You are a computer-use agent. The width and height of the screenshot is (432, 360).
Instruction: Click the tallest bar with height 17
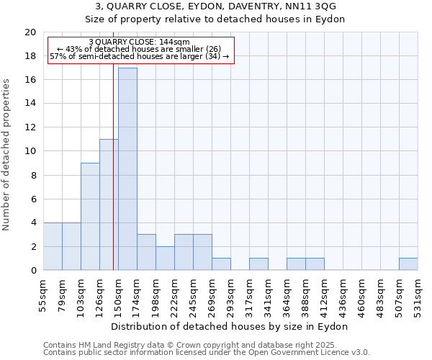pyautogui.click(x=127, y=169)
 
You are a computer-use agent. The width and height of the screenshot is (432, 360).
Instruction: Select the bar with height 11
pyautogui.click(x=109, y=204)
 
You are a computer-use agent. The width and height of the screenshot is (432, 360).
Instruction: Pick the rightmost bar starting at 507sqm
pyautogui.click(x=408, y=264)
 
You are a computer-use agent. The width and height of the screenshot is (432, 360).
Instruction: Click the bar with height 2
pyautogui.click(x=165, y=258)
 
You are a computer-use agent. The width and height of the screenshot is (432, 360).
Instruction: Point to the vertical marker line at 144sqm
pyautogui.click(x=113, y=166)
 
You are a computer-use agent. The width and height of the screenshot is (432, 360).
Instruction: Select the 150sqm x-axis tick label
pyautogui.click(x=119, y=295)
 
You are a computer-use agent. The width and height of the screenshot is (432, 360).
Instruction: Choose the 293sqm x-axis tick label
pyautogui.click(x=231, y=295)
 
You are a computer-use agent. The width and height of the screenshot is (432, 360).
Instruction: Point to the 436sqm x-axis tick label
pyautogui.click(x=343, y=295)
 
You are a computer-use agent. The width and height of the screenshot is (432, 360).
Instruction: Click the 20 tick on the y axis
pyautogui.click(x=30, y=32)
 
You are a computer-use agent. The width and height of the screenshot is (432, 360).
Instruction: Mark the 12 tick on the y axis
pyautogui.click(x=30, y=127)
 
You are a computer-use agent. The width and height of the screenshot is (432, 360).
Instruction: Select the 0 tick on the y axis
pyautogui.click(x=32, y=270)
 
